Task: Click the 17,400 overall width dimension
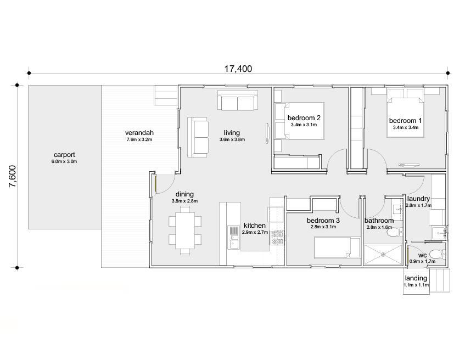point(238,69)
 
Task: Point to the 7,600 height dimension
point(13,176)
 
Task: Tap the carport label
point(64,155)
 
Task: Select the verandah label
point(139,133)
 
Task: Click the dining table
point(185,230)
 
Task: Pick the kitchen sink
point(234,238)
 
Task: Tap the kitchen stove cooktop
point(278,238)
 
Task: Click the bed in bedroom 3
point(337,247)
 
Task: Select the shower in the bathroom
point(383,255)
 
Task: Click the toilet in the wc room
point(438,254)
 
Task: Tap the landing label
point(416,278)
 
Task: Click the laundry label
point(418,199)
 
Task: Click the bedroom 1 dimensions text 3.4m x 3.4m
point(405,127)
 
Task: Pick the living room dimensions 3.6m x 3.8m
point(232,140)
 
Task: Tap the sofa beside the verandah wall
point(197,137)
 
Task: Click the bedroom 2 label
point(304,118)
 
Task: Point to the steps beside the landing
point(440,280)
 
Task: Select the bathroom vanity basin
point(397,209)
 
